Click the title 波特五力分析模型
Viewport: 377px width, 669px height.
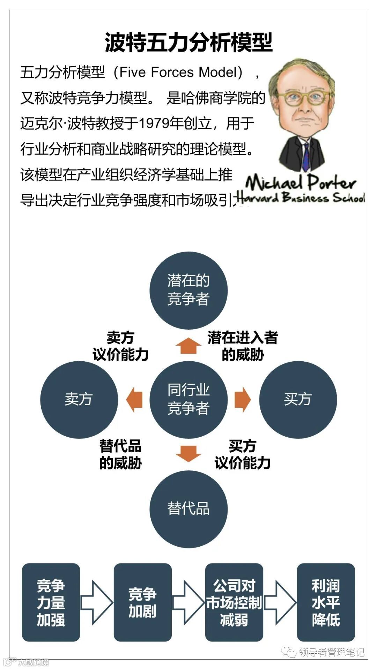coord(188,43)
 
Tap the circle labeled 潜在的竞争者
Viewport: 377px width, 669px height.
coord(188,290)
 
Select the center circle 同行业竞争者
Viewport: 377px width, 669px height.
coord(188,399)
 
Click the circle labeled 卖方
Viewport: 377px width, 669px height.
coord(79,399)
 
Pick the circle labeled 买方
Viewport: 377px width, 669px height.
coord(298,399)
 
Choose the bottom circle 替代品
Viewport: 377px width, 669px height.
coord(188,508)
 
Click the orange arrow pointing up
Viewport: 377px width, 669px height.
coord(188,346)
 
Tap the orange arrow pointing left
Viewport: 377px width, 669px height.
coord(134,399)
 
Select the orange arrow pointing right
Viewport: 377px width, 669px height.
coord(242,399)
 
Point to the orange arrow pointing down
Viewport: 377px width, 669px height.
coord(188,453)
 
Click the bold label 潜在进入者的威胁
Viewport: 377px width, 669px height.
coord(243,346)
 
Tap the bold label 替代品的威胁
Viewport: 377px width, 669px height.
coord(120,454)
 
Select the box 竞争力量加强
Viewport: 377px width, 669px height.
coord(51,602)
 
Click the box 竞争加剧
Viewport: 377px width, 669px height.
coord(142,602)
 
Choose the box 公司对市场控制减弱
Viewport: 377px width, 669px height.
coord(234,602)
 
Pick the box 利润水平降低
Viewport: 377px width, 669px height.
coord(326,602)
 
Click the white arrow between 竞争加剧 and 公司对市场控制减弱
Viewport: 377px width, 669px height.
coord(188,602)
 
